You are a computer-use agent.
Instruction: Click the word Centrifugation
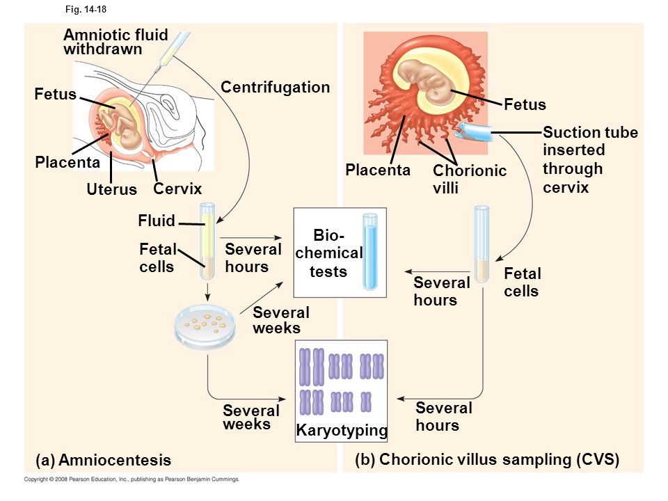click(276, 88)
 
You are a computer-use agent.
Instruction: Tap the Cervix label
click(177, 189)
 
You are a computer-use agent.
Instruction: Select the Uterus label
click(111, 189)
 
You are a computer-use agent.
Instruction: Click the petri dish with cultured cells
click(205, 327)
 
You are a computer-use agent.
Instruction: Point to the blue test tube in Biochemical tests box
click(369, 252)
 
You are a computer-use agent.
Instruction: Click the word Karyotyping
click(342, 430)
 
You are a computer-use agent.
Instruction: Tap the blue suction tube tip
click(473, 131)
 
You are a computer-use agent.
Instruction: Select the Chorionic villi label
click(470, 179)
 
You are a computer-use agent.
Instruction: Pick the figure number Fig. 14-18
click(86, 9)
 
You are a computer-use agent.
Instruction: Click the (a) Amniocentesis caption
click(104, 460)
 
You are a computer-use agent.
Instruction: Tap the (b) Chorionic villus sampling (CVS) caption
click(487, 460)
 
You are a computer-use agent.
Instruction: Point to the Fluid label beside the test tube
click(157, 221)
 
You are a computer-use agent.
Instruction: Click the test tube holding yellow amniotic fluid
click(207, 241)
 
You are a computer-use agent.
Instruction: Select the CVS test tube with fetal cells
click(482, 244)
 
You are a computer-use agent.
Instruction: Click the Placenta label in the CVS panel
click(377, 170)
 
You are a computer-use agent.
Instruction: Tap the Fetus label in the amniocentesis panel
click(56, 94)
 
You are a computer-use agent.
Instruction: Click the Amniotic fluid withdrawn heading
click(116, 42)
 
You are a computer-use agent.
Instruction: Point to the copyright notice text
click(132, 479)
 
